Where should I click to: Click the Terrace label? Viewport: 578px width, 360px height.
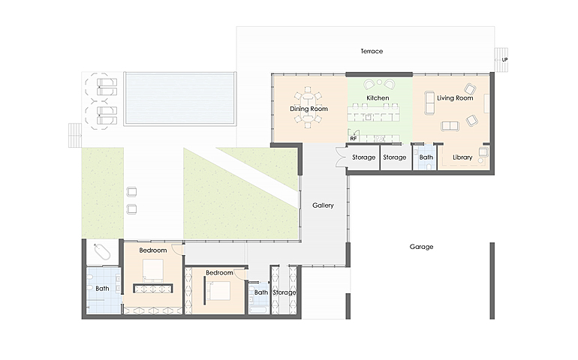[372, 51]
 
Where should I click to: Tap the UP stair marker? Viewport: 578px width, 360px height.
[504, 60]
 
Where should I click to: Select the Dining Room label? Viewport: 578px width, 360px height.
[309, 109]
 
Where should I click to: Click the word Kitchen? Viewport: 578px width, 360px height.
[378, 98]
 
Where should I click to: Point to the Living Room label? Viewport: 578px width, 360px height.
[455, 98]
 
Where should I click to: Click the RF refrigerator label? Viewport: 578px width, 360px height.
[354, 139]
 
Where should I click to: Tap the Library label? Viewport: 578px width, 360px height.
[462, 157]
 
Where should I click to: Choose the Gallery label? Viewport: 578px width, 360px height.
[323, 205]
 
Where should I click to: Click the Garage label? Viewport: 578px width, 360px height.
[421, 247]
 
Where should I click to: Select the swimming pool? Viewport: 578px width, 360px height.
[180, 98]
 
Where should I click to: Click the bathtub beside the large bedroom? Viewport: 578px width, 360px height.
[102, 252]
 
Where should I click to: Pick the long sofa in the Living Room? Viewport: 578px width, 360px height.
[429, 103]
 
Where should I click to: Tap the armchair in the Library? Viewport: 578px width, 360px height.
[483, 151]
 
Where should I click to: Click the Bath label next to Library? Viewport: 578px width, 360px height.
[426, 157]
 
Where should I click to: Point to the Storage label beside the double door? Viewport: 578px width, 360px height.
[363, 157]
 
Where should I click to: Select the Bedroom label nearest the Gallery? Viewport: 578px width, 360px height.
[219, 273]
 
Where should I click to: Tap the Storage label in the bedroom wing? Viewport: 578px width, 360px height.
[284, 292]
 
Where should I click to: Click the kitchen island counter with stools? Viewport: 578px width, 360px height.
[373, 113]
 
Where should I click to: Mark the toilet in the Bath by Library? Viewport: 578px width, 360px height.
[429, 166]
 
